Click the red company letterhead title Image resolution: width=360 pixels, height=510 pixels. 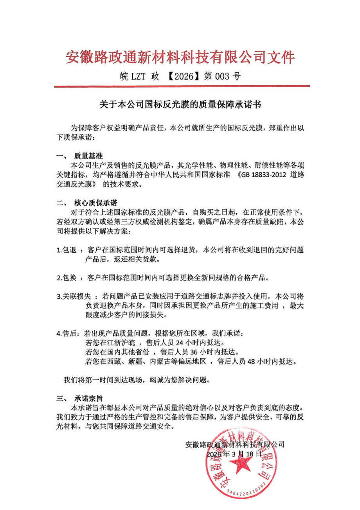(x=180, y=57)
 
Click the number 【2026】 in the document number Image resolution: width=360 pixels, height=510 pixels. (x=182, y=76)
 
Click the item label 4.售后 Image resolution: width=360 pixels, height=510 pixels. (x=67, y=334)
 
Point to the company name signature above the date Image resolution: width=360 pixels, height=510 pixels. (x=235, y=445)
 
